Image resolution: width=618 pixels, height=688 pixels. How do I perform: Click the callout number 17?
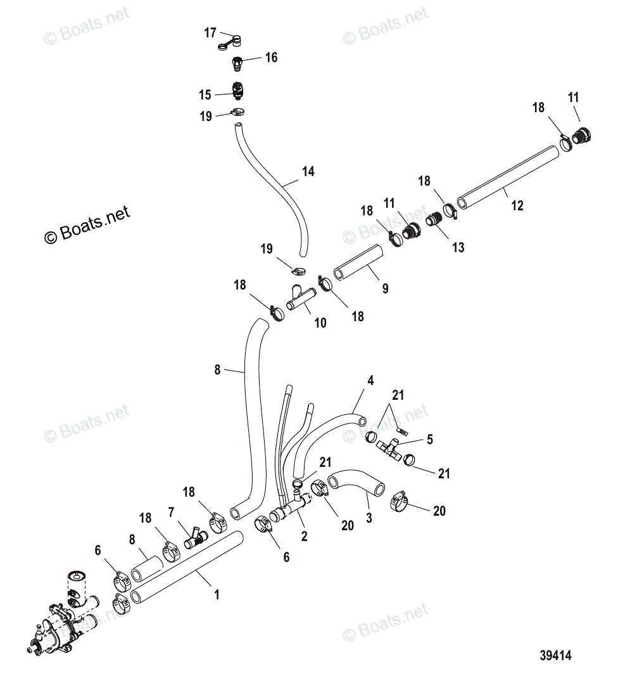click(210, 33)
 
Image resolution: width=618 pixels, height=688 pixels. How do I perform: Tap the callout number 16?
click(271, 58)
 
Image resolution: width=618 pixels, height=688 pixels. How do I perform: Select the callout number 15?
click(205, 95)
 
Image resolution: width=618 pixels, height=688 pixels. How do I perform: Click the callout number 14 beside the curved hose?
click(308, 172)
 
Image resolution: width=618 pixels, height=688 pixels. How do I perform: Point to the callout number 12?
click(517, 206)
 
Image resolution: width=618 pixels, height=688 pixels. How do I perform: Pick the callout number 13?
click(458, 247)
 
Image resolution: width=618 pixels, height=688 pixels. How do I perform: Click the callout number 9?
click(385, 289)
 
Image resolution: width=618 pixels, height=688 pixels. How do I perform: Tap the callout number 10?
click(320, 322)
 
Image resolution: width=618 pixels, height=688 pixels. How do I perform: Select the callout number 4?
click(370, 381)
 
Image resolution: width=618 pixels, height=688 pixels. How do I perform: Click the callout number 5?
click(430, 438)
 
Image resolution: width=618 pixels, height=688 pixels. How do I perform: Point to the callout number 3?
click(369, 518)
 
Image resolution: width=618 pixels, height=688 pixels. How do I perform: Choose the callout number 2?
click(304, 536)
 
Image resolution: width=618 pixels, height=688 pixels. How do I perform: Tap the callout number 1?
click(217, 595)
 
